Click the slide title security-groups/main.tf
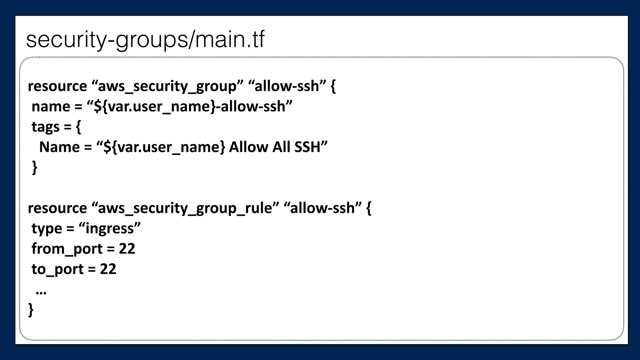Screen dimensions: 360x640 click(145, 40)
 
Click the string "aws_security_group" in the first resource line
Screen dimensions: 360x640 click(167, 86)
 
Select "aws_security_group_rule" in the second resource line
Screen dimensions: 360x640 click(185, 208)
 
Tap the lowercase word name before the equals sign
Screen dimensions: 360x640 click(51, 107)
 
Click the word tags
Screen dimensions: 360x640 click(45, 127)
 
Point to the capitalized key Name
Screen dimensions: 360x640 click(59, 147)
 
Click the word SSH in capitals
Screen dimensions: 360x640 click(307, 147)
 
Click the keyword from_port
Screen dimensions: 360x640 click(67, 249)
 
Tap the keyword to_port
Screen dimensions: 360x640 click(57, 269)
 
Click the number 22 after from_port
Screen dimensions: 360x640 click(127, 249)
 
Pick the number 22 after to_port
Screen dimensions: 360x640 click(108, 269)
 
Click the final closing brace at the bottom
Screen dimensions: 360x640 click(31, 310)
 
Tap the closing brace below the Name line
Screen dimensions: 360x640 click(35, 167)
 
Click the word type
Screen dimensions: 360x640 click(47, 229)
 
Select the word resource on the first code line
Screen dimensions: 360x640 click(57, 86)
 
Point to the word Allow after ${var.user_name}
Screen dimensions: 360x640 click(248, 147)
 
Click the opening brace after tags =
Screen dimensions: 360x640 click(78, 127)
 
